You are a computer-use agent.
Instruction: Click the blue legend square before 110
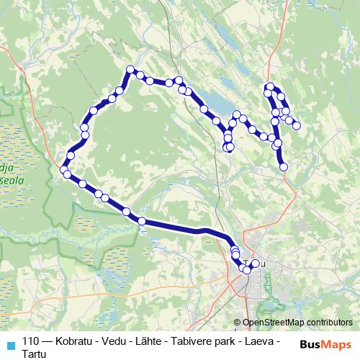11,344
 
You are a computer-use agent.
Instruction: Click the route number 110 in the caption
31,341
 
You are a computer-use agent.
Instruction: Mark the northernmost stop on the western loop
131,70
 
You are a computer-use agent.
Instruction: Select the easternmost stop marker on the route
296,126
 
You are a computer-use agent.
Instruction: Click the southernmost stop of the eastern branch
283,166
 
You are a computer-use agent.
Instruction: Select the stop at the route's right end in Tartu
255,263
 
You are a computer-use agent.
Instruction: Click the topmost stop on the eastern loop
270,87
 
